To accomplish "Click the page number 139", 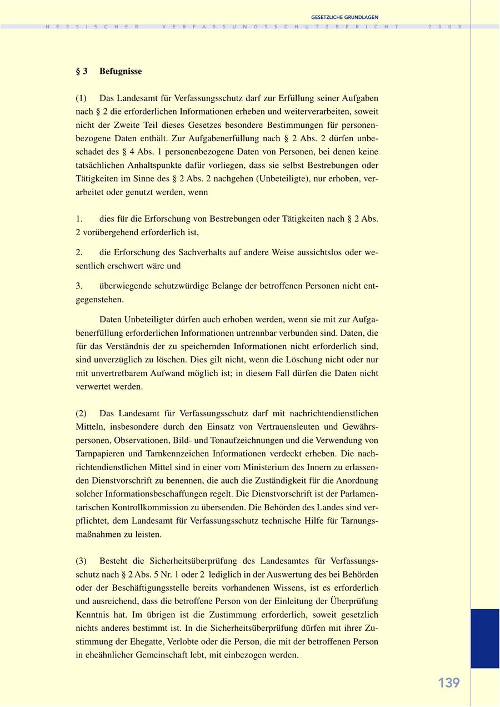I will [x=449, y=683].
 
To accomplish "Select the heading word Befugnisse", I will [x=121, y=71].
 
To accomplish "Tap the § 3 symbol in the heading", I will [x=82, y=71].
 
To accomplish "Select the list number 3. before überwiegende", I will [x=79, y=286].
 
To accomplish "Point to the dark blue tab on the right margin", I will [x=485, y=638].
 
